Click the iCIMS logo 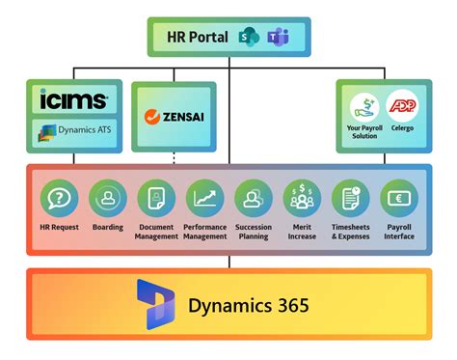coord(73,99)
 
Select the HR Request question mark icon coord(60,198)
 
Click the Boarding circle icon coord(108,198)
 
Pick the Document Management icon coord(156,198)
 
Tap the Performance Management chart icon coord(204,198)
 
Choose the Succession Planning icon coord(254,198)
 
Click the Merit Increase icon coord(302,198)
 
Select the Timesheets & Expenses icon coord(350,198)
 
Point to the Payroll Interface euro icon coord(398,198)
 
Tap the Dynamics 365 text coord(249,306)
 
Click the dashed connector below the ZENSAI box coord(175,156)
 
